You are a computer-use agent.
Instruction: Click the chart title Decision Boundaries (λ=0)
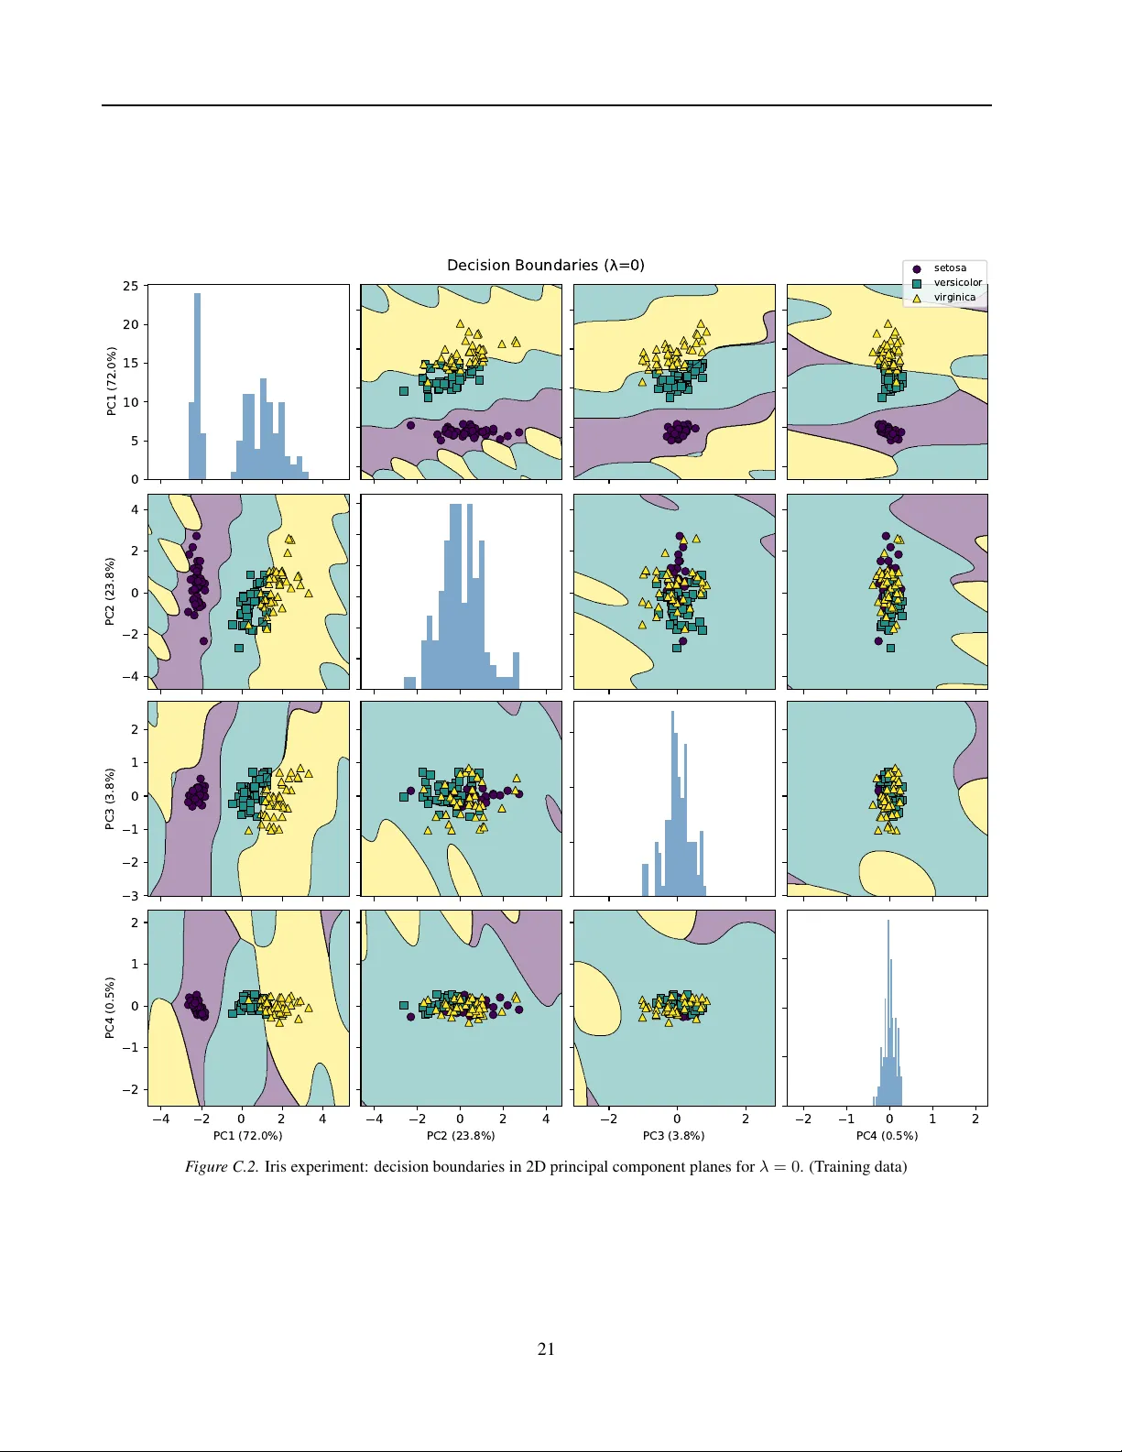[x=545, y=266]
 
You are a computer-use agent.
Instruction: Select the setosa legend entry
[x=950, y=268]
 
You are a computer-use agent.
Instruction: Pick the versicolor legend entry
[x=957, y=282]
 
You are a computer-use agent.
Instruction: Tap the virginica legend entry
[x=954, y=297]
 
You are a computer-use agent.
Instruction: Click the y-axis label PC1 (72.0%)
[x=112, y=381]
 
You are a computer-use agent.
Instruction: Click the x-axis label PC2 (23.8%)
[x=461, y=1136]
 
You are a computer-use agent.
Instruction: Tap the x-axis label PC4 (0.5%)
[x=887, y=1136]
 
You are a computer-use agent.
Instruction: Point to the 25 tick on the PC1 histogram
[x=131, y=286]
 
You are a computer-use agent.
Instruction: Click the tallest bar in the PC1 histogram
[x=197, y=385]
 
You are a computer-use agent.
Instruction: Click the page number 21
[x=546, y=1348]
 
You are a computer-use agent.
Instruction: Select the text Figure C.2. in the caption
[x=222, y=1167]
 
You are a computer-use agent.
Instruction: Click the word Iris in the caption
[x=276, y=1167]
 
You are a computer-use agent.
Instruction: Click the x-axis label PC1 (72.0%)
[x=247, y=1136]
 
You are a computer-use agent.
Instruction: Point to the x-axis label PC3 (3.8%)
[x=673, y=1136]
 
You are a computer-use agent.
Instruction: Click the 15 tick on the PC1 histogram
[x=131, y=363]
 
